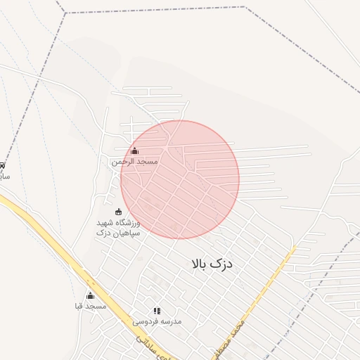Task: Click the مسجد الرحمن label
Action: tap(134, 162)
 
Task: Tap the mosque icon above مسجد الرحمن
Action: tap(134, 150)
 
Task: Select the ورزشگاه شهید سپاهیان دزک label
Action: tap(118, 227)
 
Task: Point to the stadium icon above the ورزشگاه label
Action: tap(117, 212)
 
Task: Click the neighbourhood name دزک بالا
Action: tap(211, 264)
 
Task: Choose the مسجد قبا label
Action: tap(90, 307)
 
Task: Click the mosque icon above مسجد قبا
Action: tap(90, 295)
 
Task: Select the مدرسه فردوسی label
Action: tap(157, 321)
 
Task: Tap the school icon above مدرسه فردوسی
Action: tap(157, 310)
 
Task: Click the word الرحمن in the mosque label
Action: tap(123, 162)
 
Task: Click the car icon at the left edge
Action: tap(2, 165)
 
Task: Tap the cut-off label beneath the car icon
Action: tap(4, 176)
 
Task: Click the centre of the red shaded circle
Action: tap(180, 179)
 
